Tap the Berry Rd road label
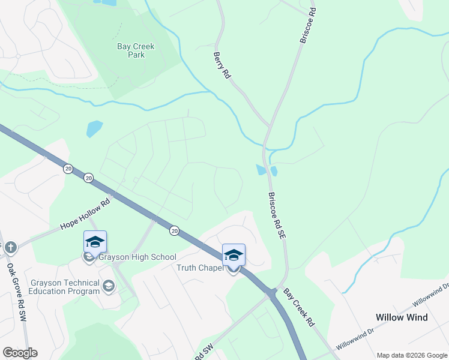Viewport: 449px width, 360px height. coord(221,65)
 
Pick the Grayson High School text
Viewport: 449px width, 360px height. coord(137,257)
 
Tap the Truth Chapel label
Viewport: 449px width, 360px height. coord(200,268)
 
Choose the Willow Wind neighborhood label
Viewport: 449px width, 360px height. coord(402,317)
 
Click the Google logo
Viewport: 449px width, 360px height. coord(20,353)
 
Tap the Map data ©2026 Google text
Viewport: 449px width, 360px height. coord(412,355)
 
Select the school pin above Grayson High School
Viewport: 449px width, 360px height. coord(95,242)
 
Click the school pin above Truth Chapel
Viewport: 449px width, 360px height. coord(234,255)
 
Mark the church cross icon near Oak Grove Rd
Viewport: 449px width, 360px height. coord(10,247)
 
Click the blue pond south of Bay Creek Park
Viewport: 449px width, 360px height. coord(94,128)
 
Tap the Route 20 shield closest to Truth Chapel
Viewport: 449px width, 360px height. coord(174,230)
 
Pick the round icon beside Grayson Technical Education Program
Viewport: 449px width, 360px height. coord(108,286)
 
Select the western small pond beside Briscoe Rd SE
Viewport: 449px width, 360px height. coord(261,170)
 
